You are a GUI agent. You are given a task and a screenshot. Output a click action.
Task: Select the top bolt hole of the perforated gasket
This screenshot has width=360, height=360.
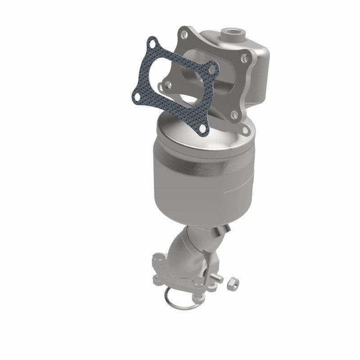(153, 45)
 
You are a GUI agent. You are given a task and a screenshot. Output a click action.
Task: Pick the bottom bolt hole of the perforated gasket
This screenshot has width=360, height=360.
(202, 129)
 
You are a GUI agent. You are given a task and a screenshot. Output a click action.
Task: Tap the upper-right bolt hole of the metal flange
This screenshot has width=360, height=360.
(243, 58)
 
